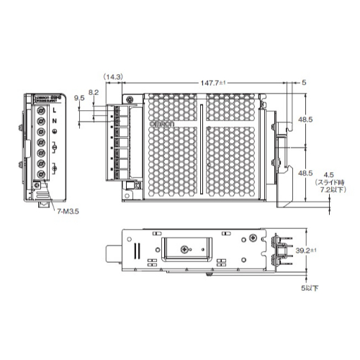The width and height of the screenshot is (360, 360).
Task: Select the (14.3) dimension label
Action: (x=113, y=76)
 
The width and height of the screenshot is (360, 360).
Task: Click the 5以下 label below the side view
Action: (x=310, y=289)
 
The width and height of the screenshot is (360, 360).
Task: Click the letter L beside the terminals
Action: (x=55, y=111)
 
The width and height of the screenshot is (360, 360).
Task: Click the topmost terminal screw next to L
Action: (x=40, y=111)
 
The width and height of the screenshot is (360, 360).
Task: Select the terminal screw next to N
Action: (x=40, y=123)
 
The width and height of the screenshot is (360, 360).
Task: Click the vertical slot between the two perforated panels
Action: (x=203, y=144)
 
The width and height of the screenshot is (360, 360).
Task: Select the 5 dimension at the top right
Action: (x=304, y=83)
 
